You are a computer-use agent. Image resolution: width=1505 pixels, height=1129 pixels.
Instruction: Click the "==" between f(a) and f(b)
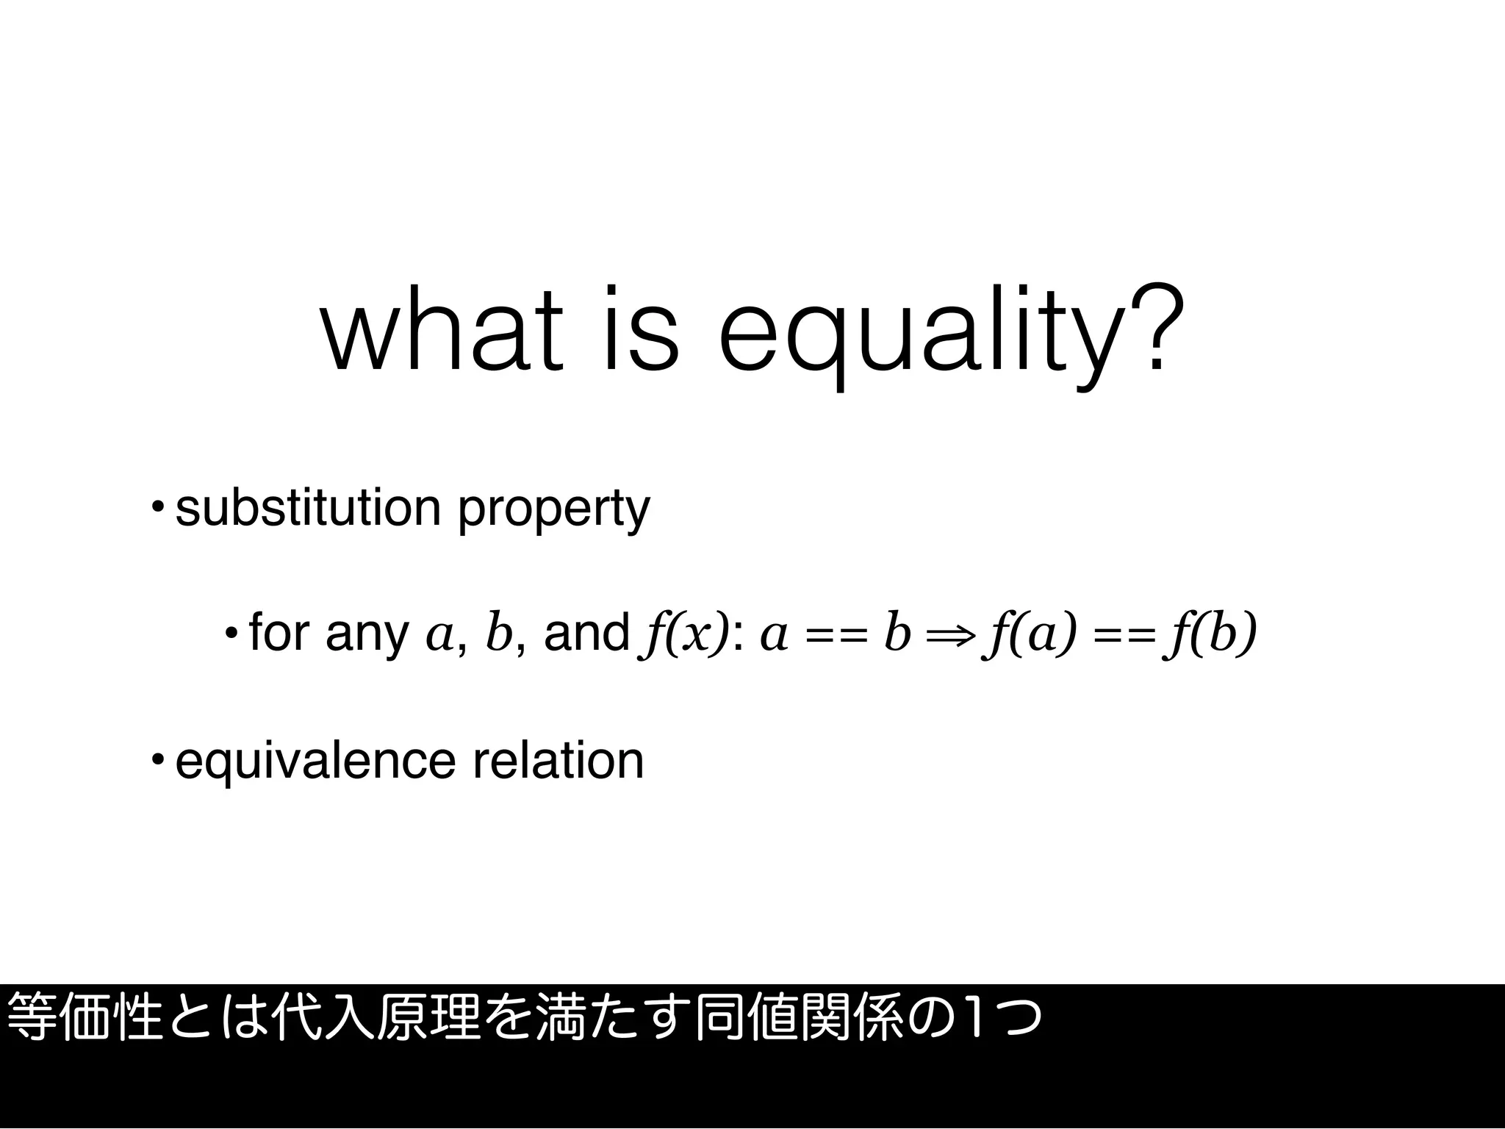pyautogui.click(x=1121, y=634)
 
